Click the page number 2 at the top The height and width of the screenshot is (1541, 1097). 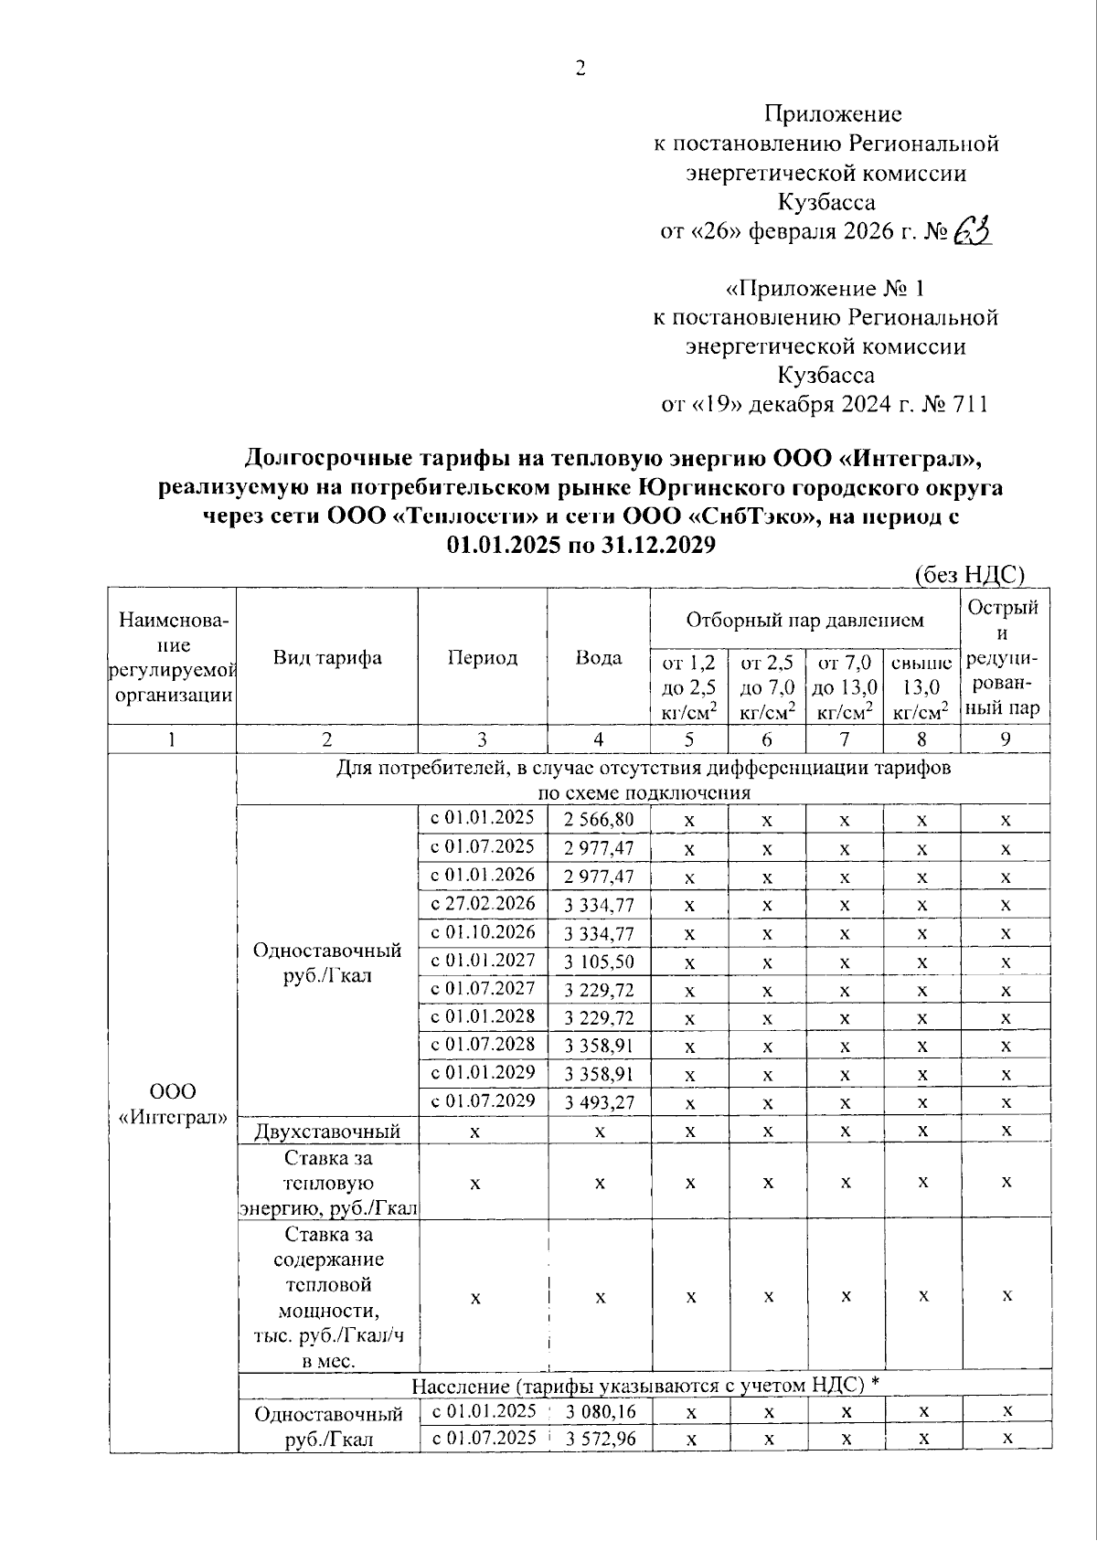coord(579,69)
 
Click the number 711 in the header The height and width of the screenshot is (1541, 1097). coord(968,404)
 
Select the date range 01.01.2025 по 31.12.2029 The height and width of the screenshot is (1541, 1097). coord(580,546)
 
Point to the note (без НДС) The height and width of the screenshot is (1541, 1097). coord(970,574)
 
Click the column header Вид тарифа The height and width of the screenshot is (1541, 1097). coord(327,657)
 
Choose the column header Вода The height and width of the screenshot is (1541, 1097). coord(599,657)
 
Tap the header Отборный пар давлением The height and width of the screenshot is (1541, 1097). coord(804,621)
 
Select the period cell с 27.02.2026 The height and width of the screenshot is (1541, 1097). coord(483,904)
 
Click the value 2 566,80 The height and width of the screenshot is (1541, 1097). coord(599,819)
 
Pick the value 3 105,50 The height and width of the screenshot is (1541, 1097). coord(599,962)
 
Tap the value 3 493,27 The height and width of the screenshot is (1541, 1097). coord(599,1102)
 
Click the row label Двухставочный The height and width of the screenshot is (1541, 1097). coord(327,1132)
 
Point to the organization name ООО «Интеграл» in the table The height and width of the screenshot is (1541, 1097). coord(173,1104)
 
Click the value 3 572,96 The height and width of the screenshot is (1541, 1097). coord(600,1438)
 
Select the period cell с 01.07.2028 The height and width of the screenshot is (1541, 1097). coord(483,1045)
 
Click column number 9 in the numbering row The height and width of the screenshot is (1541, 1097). coord(1004,739)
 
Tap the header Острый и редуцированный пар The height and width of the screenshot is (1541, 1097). coord(1004,657)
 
